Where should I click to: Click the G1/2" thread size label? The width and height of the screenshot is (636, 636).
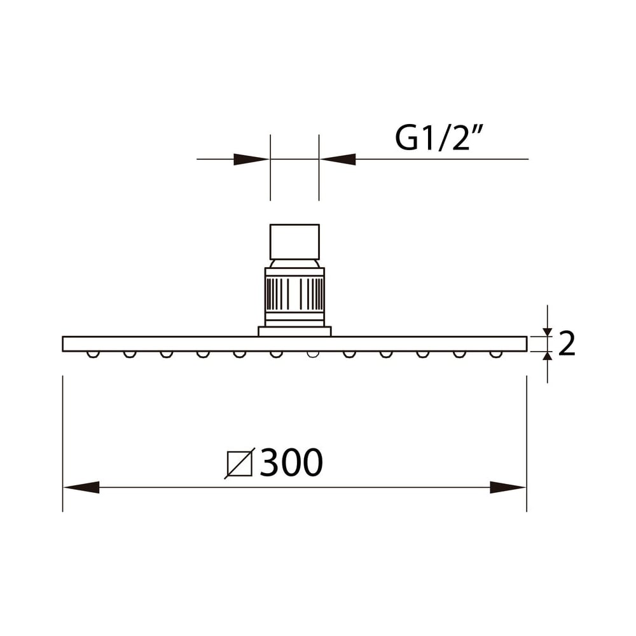439,138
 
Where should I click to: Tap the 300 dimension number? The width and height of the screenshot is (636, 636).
291,463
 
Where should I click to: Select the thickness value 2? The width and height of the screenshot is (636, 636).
567,343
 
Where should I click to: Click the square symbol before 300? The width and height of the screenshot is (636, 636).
240,463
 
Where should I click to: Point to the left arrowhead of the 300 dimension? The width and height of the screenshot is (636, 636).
81,487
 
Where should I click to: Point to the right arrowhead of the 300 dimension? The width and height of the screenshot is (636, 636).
508,487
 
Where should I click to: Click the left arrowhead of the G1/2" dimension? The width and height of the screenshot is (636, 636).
251,159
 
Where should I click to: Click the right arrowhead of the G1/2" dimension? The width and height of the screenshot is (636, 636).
338,159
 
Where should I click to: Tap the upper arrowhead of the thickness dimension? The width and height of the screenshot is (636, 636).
548,332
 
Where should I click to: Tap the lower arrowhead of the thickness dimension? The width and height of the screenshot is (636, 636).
548,356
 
